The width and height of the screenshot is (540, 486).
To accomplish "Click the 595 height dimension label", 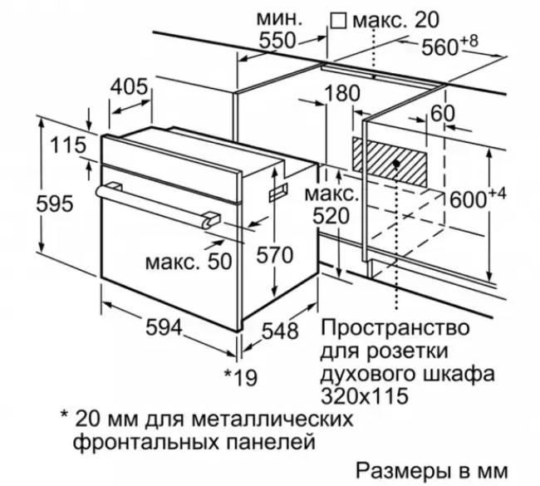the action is tap(55, 204).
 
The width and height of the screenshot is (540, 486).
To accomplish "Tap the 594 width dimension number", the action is tap(164, 327).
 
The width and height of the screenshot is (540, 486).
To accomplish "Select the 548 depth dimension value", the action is tap(280, 331).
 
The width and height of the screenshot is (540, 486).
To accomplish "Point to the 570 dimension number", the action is tap(274, 255).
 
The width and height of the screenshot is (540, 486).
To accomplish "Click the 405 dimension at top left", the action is tap(129, 86).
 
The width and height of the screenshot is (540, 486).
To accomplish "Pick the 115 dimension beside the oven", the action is tap(68, 145).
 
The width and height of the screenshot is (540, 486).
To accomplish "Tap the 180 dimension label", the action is tap(342, 93).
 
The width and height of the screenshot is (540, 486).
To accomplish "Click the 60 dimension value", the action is tap(443, 114).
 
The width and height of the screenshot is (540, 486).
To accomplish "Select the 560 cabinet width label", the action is tap(450, 45).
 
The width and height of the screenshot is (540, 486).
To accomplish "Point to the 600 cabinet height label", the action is tap(478, 198).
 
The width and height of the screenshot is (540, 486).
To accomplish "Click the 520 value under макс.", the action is tap(331, 216).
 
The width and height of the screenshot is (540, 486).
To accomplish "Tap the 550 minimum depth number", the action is tap(277, 41).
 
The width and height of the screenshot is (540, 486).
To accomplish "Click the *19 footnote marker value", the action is tap(241, 377).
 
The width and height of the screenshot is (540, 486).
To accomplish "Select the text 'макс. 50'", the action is tap(189, 262).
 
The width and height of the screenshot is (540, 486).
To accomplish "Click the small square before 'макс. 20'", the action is tap(338, 21).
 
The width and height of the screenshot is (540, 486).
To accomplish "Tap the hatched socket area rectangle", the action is tap(390, 163).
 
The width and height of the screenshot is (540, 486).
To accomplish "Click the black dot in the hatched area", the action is tap(396, 164).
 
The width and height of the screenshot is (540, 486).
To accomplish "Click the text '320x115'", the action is tap(365, 396).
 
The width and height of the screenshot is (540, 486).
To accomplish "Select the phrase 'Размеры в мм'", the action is tap(431, 470).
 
